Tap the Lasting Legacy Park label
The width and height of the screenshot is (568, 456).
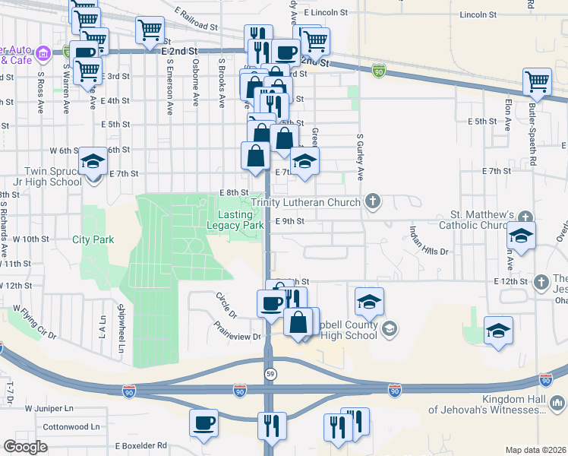[x=235, y=220]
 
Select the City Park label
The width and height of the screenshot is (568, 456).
[x=93, y=239]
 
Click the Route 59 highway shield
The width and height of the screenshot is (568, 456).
[x=270, y=373]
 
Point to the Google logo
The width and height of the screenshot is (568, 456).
[x=25, y=447]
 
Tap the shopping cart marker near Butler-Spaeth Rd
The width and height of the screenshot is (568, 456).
[x=537, y=82]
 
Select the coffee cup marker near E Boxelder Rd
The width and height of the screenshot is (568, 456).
[x=203, y=423]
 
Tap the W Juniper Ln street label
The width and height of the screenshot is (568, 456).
[x=48, y=408]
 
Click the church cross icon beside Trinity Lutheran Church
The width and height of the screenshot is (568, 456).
[x=372, y=201]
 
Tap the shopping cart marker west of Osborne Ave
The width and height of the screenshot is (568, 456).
[x=150, y=31]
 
